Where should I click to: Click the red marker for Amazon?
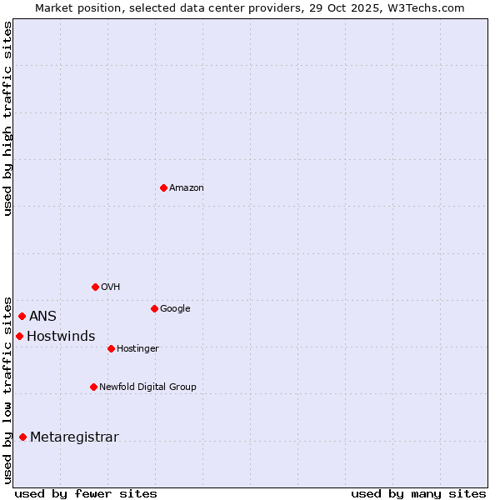[163, 187]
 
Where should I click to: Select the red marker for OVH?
[95, 287]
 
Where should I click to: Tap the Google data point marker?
[154, 308]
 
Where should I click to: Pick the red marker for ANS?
[22, 316]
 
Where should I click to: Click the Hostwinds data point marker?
[19, 336]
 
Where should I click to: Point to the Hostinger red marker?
[111, 348]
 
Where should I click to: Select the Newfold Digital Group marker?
[93, 387]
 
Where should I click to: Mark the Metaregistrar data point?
[22, 437]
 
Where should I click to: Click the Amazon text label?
[187, 188]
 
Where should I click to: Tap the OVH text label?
[111, 287]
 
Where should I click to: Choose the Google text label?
[175, 309]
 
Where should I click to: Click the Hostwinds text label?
[61, 337]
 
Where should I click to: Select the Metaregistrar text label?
[74, 437]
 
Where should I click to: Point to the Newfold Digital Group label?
[147, 387]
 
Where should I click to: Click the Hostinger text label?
[137, 349]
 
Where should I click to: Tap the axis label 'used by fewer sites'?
[86, 494]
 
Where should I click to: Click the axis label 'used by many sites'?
[418, 494]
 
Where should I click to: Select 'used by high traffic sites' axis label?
[7, 118]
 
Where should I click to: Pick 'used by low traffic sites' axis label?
[7, 389]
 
